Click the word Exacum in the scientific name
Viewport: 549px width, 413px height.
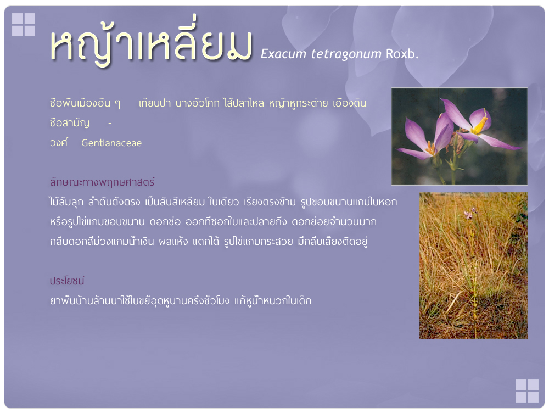pyautogui.click(x=284, y=54)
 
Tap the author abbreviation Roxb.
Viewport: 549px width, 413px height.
pyautogui.click(x=402, y=54)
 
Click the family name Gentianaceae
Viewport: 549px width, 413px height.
pyautogui.click(x=111, y=143)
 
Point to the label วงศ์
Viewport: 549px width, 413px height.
pyautogui.click(x=59, y=143)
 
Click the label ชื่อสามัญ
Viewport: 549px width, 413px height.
pyautogui.click(x=70, y=123)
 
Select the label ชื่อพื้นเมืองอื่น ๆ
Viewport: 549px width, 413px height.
pyautogui.click(x=85, y=103)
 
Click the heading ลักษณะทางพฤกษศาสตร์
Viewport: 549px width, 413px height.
pyautogui.click(x=102, y=182)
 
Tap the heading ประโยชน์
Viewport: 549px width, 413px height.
pyautogui.click(x=67, y=281)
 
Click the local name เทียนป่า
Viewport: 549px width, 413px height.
pyautogui.click(x=155, y=103)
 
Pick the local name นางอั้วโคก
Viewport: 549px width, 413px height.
pyautogui.click(x=198, y=103)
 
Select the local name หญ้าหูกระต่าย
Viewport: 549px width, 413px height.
pyautogui.click(x=298, y=103)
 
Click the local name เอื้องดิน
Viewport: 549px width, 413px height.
pyautogui.click(x=349, y=103)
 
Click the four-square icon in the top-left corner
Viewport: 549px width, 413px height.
pyautogui.click(x=24, y=25)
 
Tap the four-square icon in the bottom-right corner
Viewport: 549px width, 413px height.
pyautogui.click(x=527, y=391)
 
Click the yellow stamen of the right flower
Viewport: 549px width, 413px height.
pyautogui.click(x=480, y=125)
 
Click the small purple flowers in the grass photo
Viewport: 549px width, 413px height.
pyautogui.click(x=470, y=213)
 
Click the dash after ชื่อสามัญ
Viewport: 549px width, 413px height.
pyautogui.click(x=110, y=124)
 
